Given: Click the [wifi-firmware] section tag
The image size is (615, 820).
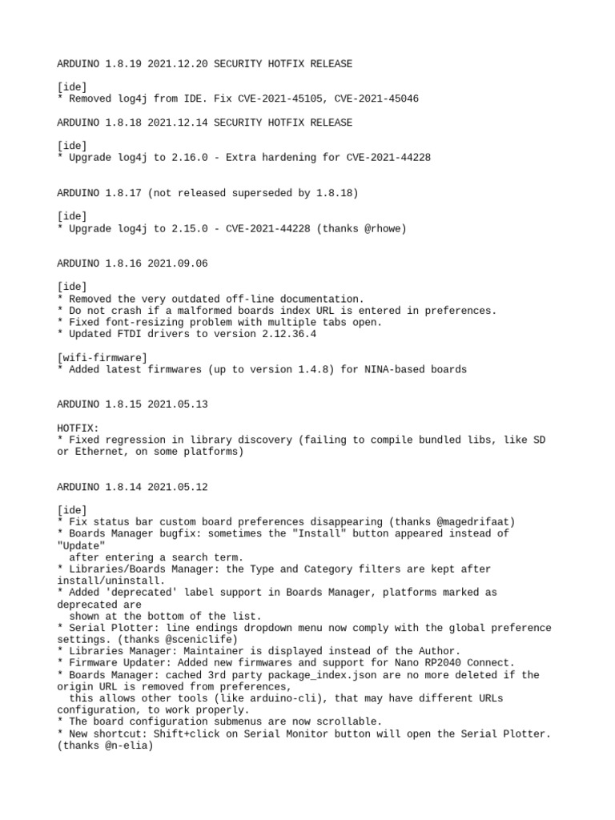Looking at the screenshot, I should point(102,357).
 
